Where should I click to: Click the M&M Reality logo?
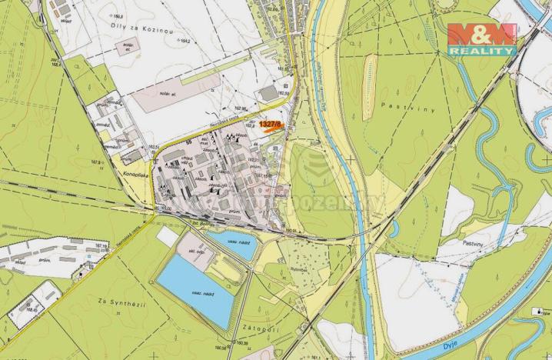482,38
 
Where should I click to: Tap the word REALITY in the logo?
482,51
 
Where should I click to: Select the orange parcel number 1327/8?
270,123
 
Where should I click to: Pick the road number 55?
188,142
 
